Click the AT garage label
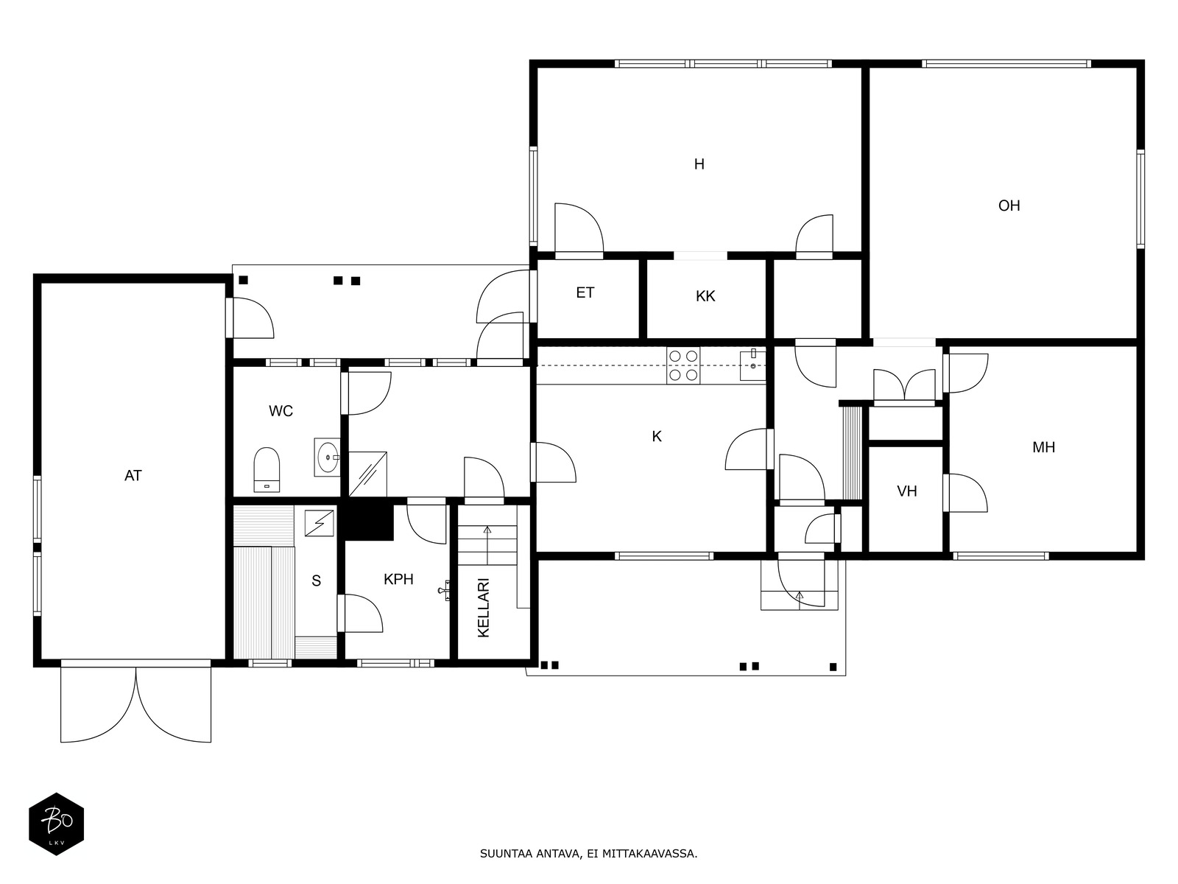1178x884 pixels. pyautogui.click(x=133, y=476)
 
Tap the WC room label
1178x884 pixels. pyautogui.click(x=281, y=411)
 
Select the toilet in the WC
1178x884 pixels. pyautogui.click(x=267, y=470)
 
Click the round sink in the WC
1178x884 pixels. pyautogui.click(x=327, y=457)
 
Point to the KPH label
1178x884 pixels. pyautogui.click(x=398, y=579)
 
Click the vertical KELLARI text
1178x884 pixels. pyautogui.click(x=484, y=608)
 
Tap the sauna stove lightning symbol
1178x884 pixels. pyautogui.click(x=320, y=523)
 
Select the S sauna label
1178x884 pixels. pyautogui.click(x=316, y=580)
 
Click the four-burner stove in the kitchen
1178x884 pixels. pyautogui.click(x=683, y=365)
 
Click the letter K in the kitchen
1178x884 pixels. pyautogui.click(x=656, y=437)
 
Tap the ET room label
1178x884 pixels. pyautogui.click(x=585, y=293)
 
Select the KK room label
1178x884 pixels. pyautogui.click(x=705, y=296)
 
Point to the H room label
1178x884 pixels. pyautogui.click(x=699, y=164)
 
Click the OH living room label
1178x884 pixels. pyautogui.click(x=1009, y=206)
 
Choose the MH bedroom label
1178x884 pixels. pyautogui.click(x=1043, y=447)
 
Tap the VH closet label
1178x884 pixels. pyautogui.click(x=906, y=491)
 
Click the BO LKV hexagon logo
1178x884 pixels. pyautogui.click(x=57, y=824)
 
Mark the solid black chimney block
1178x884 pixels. pyautogui.click(x=370, y=522)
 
